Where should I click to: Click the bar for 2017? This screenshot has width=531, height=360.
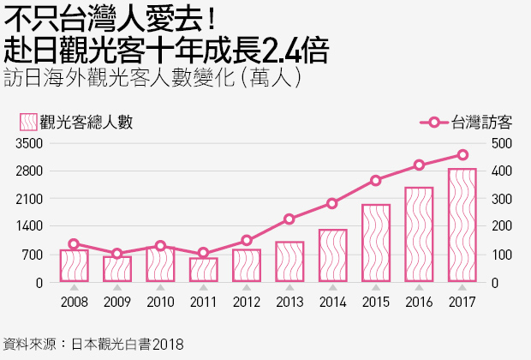462,225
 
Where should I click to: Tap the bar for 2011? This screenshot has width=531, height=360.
203,269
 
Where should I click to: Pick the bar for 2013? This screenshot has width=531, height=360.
289,261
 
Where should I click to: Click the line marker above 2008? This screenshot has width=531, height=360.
74,244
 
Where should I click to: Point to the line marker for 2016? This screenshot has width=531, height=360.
419,165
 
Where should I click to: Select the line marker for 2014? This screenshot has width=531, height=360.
332,203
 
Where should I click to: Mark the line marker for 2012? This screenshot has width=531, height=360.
247,241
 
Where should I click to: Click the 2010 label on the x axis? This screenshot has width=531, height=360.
160,303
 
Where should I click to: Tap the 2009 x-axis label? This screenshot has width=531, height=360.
117,303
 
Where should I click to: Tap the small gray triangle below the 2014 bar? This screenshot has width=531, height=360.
332,287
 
